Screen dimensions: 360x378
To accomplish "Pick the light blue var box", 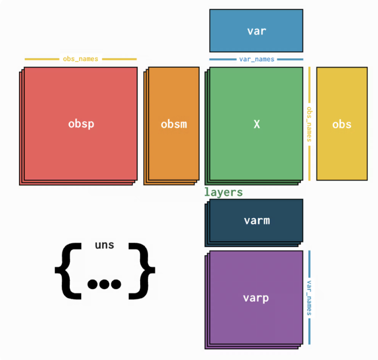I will [256, 31].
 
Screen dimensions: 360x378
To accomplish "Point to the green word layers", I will [223, 192].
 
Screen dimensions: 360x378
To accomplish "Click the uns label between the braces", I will [104, 245].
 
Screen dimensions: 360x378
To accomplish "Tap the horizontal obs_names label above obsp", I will [81, 59].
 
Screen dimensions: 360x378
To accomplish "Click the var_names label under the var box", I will [256, 59].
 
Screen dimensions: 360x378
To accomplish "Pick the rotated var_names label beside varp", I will [309, 297].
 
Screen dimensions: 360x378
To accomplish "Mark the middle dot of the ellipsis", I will [104, 284].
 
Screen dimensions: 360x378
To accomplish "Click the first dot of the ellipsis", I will [93, 284].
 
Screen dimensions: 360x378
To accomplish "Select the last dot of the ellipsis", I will [116, 284].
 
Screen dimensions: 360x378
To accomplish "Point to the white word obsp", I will [81, 124].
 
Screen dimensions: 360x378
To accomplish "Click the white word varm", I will [256, 220].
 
